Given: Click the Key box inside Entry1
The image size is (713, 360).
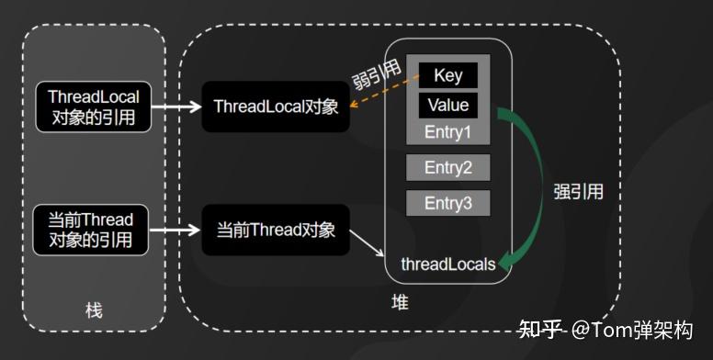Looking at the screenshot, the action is click(448, 75).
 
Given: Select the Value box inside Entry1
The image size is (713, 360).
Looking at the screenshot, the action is click(448, 105).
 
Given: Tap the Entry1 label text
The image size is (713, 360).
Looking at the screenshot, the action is click(447, 132).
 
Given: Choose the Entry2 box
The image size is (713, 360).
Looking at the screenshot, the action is click(447, 168).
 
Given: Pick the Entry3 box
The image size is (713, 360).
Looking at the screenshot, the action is click(447, 203).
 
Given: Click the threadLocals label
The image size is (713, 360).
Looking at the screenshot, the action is click(447, 264).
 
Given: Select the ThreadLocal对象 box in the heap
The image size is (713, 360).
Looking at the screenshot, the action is click(276, 107).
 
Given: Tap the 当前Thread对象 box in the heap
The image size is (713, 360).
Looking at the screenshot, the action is click(276, 230).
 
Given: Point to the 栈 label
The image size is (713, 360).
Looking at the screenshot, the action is click(94, 310).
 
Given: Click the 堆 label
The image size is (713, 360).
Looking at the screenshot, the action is click(400, 302).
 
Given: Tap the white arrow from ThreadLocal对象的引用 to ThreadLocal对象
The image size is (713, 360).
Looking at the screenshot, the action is click(176, 107).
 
